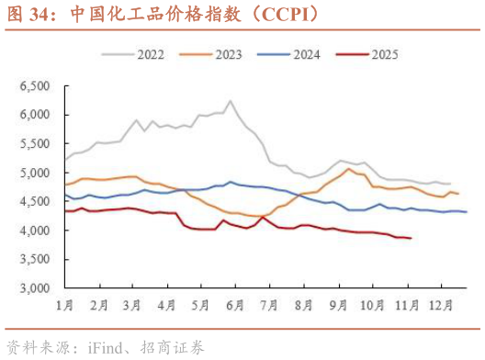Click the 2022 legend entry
(x=150, y=54)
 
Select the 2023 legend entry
(x=228, y=54)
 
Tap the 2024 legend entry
(x=306, y=54)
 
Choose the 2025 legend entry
(x=383, y=54)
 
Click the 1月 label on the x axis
(x=65, y=304)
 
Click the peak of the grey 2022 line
(x=230, y=101)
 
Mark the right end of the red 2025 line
(x=410, y=239)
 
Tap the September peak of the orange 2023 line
(x=348, y=169)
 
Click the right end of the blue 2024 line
(x=467, y=212)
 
